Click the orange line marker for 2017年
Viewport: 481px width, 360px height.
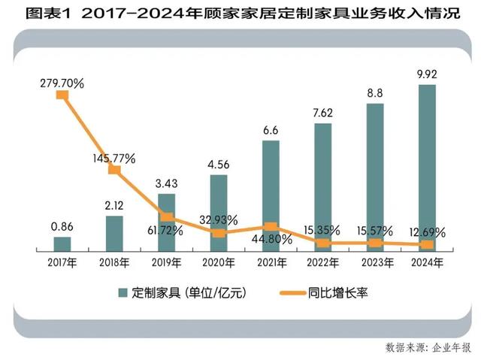[x=62, y=95]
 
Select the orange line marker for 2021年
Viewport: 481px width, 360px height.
[x=271, y=226]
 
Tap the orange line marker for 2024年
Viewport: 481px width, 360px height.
[x=426, y=244]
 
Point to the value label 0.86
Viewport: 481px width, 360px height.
[x=62, y=225]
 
